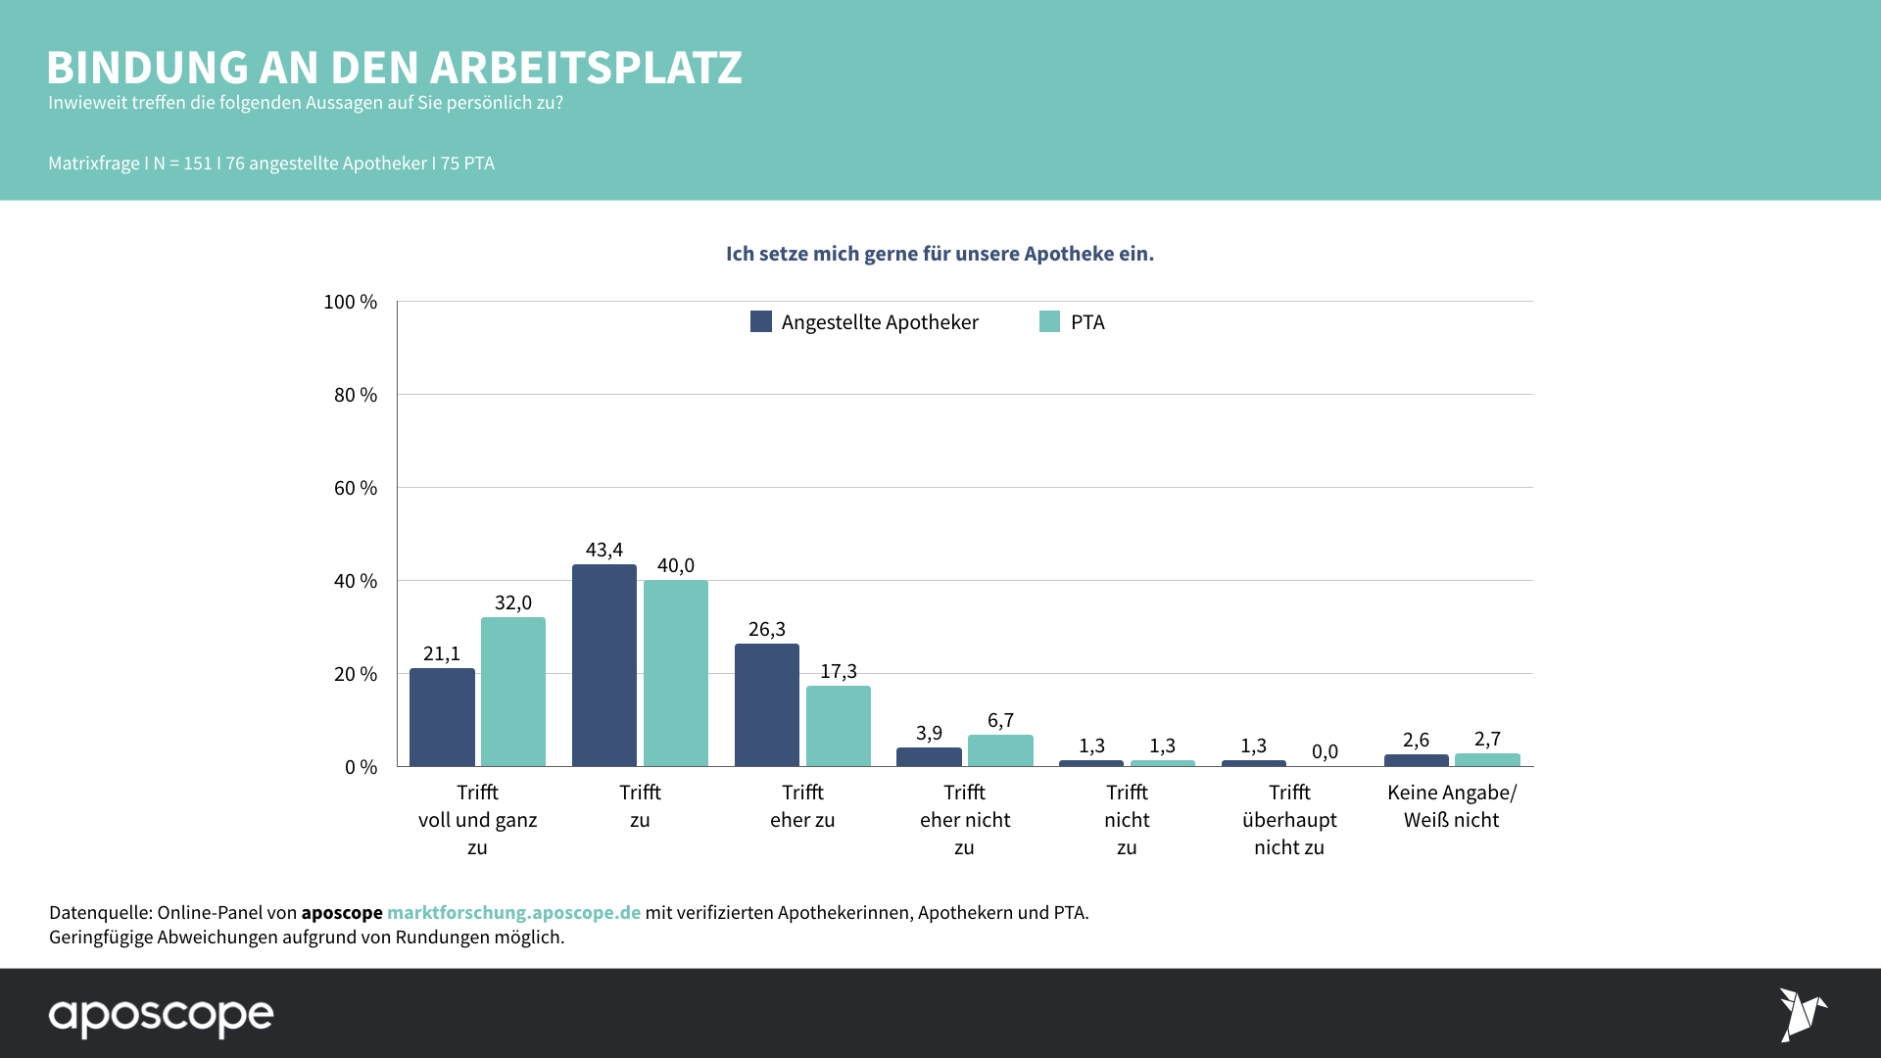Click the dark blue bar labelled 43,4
(603, 665)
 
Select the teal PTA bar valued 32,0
(512, 692)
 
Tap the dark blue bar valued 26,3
(766, 704)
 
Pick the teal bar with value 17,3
(838, 726)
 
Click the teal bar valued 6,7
(1000, 750)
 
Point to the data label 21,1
(442, 653)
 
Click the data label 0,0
(1325, 751)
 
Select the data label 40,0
(675, 565)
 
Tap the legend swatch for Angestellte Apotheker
(761, 321)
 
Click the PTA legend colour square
(1049, 321)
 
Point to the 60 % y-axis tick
(356, 488)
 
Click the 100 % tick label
(351, 302)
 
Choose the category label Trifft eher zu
(802, 806)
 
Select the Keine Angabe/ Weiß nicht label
(1451, 806)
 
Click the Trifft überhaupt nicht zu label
(1289, 820)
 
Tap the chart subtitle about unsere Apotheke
(940, 254)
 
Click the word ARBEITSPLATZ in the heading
(586, 68)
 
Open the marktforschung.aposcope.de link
(513, 912)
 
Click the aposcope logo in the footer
(162, 1016)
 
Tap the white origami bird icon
(1803, 1014)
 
